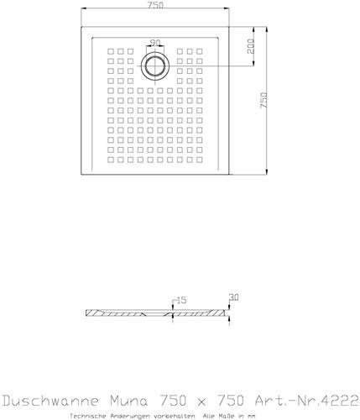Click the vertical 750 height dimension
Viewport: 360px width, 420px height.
click(x=263, y=100)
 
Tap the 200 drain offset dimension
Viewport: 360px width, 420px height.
click(x=251, y=46)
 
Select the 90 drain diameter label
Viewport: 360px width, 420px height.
click(x=155, y=43)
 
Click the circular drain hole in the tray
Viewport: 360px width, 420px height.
click(x=155, y=66)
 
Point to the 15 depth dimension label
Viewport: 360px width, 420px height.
click(x=181, y=301)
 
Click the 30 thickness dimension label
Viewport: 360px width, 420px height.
click(x=234, y=297)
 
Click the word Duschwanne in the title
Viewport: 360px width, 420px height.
click(x=50, y=401)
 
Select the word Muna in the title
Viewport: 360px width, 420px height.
click(x=128, y=401)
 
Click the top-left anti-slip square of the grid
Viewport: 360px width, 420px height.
click(x=111, y=51)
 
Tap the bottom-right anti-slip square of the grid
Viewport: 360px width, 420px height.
click(x=199, y=160)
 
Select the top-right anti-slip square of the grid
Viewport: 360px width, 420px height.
click(x=199, y=51)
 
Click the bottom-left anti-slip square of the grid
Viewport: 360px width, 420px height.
click(x=111, y=160)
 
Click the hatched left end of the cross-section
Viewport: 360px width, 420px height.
click(x=94, y=313)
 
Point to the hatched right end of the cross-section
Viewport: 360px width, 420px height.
click(x=217, y=313)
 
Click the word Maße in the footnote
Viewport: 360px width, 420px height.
click(x=228, y=416)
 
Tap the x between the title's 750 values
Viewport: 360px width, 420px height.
click(x=201, y=402)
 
